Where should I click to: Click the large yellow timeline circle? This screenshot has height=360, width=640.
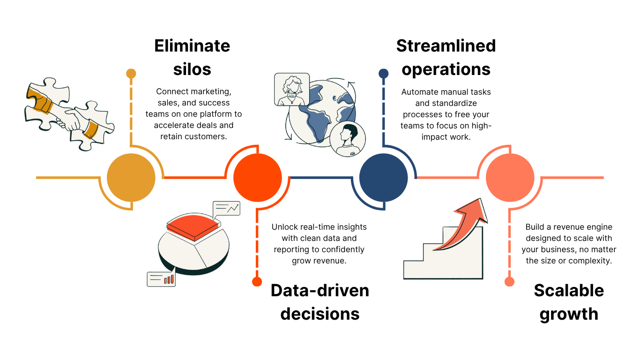click(131, 178)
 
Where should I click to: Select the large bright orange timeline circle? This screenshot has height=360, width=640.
click(257, 178)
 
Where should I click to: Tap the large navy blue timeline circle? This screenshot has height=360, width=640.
click(383, 178)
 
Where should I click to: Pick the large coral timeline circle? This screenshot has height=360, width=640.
click(510, 178)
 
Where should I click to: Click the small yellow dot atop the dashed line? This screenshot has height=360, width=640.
click(131, 74)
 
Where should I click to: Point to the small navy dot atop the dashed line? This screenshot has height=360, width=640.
click(383, 74)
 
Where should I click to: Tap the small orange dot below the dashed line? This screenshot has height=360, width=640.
click(257, 282)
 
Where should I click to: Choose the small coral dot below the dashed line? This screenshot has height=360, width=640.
click(509, 282)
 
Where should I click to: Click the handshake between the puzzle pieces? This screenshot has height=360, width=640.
click(70, 119)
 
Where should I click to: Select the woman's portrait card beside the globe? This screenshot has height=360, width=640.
click(292, 89)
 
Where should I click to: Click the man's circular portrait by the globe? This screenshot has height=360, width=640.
click(347, 139)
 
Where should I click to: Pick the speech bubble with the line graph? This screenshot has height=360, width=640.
click(226, 208)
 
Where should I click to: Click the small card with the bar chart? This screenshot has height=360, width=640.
click(161, 279)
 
